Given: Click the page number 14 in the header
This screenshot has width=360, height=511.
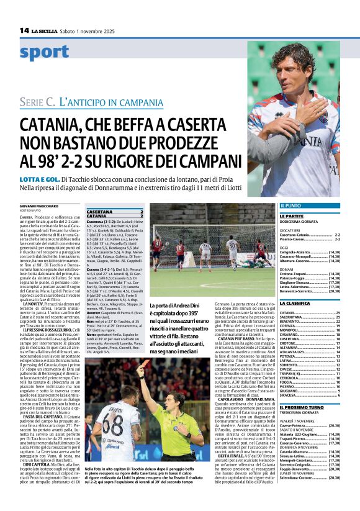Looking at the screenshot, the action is [24, 30].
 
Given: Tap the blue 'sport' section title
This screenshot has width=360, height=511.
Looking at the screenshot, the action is [44, 53].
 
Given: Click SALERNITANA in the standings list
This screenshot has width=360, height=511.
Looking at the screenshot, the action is [295, 317].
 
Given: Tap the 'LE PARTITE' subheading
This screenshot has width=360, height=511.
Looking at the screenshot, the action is [292, 216].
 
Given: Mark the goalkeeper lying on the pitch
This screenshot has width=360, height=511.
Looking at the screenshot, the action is [248, 263].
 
